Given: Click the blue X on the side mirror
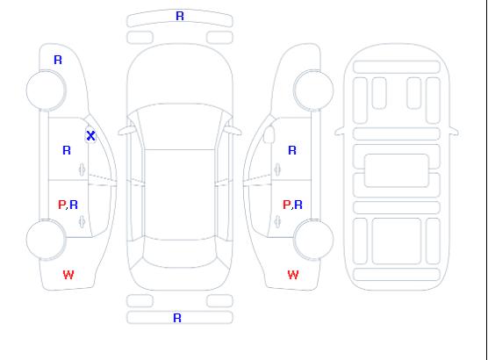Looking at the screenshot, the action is point(90,136).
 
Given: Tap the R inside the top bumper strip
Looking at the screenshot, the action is point(180,16).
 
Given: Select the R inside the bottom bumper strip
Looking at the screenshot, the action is point(177,318).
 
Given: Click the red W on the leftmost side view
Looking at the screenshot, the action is point(68,275).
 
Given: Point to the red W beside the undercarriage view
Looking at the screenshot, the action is point(293,275).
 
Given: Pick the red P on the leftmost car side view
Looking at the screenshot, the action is point(61,205).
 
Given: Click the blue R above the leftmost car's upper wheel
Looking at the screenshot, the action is point(58,60).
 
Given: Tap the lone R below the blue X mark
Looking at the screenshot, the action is point(67,150).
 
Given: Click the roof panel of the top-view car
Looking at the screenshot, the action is point(180,195).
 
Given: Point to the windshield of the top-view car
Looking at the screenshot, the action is point(180,126).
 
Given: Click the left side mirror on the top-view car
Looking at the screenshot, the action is point(126,131).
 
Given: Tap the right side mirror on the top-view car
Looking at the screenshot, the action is point(233,131).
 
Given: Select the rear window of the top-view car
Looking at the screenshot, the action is point(180,253).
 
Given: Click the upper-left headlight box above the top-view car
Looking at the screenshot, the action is point(140,38).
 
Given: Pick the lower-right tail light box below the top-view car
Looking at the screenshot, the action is point(219,301).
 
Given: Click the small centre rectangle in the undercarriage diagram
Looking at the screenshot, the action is point(397,170).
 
